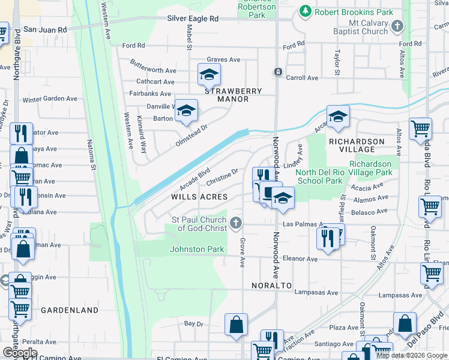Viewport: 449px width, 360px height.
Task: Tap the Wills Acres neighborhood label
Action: [x=199, y=197]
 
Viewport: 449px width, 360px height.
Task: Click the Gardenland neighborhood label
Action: [x=70, y=310]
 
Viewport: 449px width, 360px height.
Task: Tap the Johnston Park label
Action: [x=197, y=249]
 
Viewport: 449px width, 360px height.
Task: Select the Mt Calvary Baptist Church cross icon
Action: [x=398, y=27]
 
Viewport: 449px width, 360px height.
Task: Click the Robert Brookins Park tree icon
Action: [x=306, y=11]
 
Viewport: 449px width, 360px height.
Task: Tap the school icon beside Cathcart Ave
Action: [x=209, y=74]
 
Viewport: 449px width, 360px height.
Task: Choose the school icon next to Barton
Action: [x=186, y=110]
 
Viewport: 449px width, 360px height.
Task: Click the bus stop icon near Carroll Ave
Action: [x=278, y=72]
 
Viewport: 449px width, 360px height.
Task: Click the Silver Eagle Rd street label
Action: [x=192, y=19]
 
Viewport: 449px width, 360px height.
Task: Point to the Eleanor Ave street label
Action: [x=304, y=259]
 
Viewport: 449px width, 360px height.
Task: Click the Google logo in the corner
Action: [x=20, y=353]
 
